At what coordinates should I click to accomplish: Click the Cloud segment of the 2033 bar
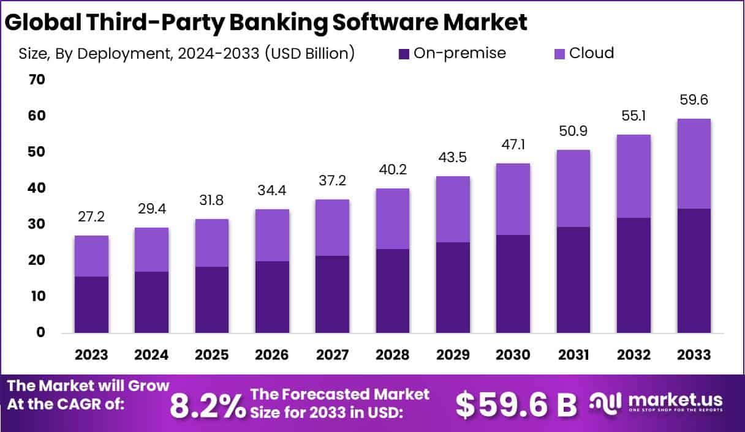(x=694, y=163)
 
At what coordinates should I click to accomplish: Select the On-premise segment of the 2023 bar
(x=92, y=304)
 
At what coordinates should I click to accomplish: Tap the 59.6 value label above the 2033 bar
(x=694, y=100)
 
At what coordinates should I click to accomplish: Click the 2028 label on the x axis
(x=393, y=355)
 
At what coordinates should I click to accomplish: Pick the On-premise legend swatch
(x=404, y=54)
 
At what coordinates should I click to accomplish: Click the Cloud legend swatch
(x=560, y=54)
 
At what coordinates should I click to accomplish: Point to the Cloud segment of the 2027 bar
(x=333, y=228)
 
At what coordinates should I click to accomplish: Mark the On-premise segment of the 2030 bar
(x=513, y=284)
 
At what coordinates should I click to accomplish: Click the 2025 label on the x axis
(x=212, y=355)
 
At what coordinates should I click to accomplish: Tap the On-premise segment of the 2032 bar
(x=633, y=275)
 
